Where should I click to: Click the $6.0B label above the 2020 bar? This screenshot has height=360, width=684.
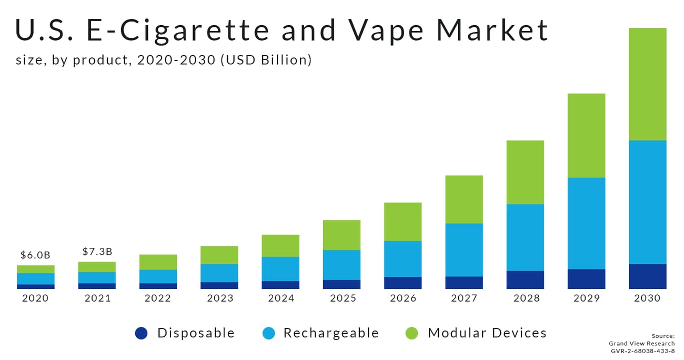tap(35, 255)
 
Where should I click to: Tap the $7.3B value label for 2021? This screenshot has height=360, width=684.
tap(97, 252)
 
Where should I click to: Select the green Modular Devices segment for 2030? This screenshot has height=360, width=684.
tap(647, 84)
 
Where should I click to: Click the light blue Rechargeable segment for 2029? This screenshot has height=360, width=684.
tap(586, 223)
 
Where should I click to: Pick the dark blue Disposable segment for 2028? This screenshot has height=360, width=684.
tap(525, 279)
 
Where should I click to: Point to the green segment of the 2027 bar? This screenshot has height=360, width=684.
tap(464, 199)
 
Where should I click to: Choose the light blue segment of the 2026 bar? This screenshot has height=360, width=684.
tap(403, 258)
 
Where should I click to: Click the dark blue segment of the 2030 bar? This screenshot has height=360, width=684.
tap(647, 276)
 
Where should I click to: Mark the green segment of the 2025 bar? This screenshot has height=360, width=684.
tap(341, 235)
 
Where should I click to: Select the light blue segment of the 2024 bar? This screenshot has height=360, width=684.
tap(280, 268)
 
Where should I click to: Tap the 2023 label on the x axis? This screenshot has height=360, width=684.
tap(220, 298)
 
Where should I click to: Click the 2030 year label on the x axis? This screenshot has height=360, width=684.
tap(647, 298)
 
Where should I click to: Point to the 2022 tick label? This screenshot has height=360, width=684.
tap(158, 298)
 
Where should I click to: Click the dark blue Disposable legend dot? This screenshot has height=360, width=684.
tap(142, 333)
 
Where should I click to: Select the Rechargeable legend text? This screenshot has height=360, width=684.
tap(331, 333)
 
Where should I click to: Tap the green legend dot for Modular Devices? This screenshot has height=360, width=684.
tap(412, 333)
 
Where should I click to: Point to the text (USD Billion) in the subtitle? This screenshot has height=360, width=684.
tap(266, 61)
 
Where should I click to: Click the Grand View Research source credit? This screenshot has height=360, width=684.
tap(641, 344)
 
